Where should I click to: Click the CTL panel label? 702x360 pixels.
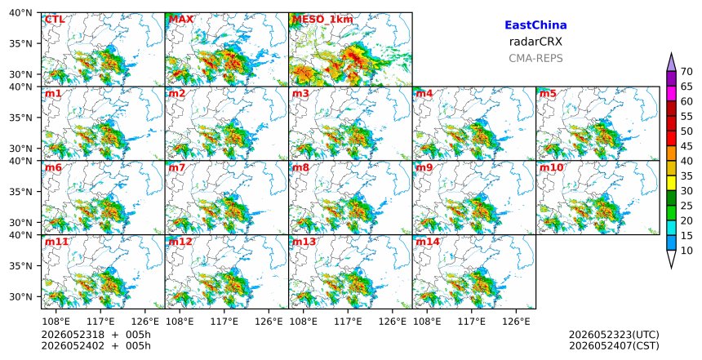point(55,20)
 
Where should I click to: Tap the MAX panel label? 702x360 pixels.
point(181,20)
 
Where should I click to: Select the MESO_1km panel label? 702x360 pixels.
point(322,20)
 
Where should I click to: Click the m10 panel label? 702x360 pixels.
point(551,167)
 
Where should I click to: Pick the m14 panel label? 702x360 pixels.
point(428,242)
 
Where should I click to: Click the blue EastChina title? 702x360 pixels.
point(535,25)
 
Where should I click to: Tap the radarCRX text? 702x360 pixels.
point(535,42)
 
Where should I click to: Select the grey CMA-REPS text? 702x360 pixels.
point(535,58)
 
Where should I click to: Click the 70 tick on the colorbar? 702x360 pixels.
point(686,72)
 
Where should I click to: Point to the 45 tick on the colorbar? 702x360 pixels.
point(686,146)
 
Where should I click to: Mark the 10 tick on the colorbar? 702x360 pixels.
point(686,251)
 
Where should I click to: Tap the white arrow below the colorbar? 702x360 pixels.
point(671,258)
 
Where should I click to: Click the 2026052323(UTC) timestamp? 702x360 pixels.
point(614,335)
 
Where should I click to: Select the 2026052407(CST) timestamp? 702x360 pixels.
point(614,345)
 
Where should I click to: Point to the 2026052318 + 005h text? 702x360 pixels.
point(96,335)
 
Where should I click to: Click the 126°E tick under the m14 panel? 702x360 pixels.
point(516,322)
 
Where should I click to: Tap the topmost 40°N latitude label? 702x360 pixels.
point(20,12)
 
